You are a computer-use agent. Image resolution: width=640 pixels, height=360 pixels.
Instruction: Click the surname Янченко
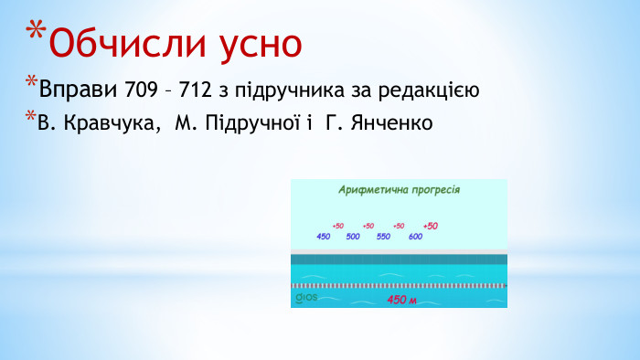[386, 122]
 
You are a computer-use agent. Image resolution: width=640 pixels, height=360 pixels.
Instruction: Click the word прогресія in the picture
[431, 191]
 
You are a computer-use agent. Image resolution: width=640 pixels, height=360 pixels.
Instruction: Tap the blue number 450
[323, 237]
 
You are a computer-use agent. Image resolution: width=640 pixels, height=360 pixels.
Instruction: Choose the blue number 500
[353, 237]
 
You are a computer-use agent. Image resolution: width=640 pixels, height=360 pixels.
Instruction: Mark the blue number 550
[383, 237]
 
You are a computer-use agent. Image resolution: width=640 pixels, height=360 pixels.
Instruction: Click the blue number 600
[415, 237]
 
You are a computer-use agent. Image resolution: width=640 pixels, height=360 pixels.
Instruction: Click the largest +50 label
[431, 226]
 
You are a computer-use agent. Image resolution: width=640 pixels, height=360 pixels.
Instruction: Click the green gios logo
[304, 298]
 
